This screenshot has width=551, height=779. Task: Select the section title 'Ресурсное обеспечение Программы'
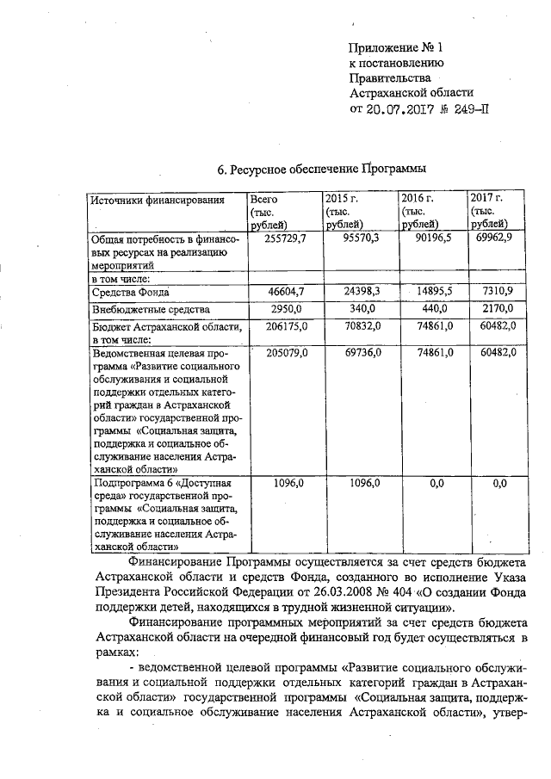pyautogui.click(x=322, y=170)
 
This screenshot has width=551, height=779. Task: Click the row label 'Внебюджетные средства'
pyautogui.click(x=151, y=309)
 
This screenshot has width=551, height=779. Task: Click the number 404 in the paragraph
pyautogui.click(x=406, y=593)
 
